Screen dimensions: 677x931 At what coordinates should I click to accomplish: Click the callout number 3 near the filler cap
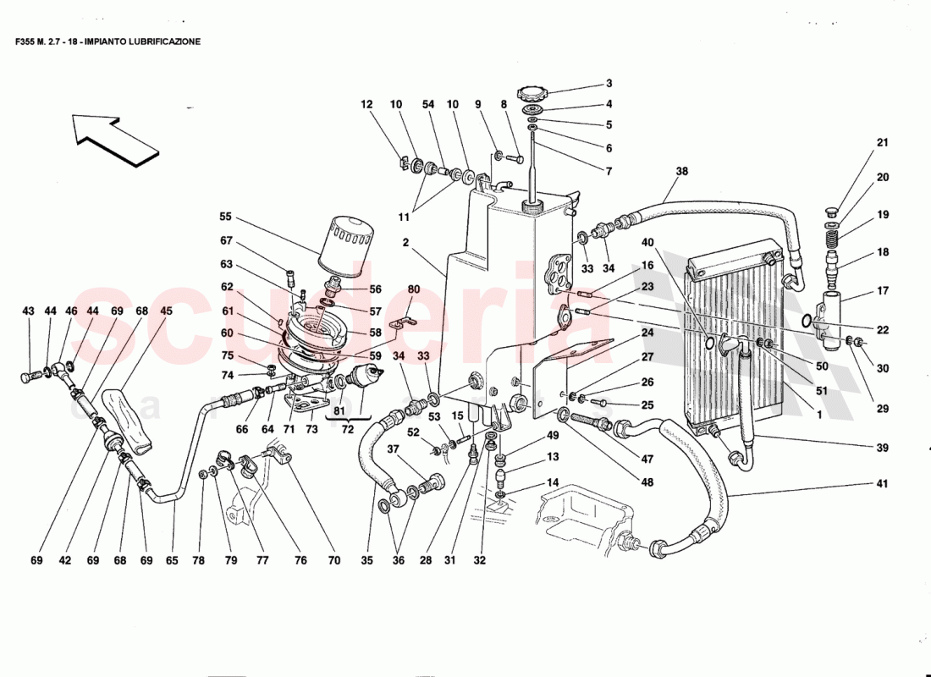click(608, 84)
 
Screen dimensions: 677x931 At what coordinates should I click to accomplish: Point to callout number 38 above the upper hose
click(682, 171)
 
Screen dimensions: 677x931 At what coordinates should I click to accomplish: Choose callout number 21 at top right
click(883, 142)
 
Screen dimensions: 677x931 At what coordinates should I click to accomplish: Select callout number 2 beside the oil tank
click(406, 242)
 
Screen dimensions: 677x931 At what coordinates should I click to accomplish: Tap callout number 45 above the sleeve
click(166, 311)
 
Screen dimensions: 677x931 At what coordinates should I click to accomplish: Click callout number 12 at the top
click(366, 105)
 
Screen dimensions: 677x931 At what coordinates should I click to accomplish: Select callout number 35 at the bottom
click(366, 559)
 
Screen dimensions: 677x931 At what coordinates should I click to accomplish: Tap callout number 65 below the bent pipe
click(173, 559)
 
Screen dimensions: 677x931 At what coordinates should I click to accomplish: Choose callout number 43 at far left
click(28, 311)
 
